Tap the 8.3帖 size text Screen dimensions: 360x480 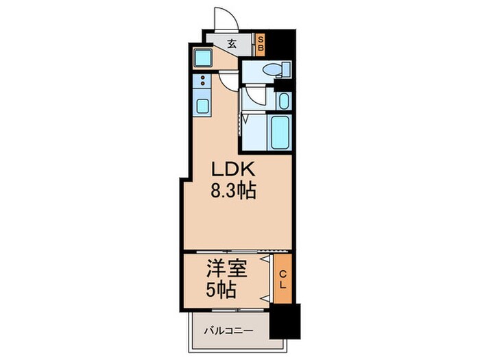233,191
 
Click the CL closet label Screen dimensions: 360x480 283,279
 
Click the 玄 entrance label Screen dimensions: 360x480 231,44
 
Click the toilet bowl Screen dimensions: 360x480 272,69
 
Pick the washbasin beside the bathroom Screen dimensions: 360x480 284,100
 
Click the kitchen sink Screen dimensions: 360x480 204,106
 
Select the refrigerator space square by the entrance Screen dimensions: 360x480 204,57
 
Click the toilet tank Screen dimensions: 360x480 286,69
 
